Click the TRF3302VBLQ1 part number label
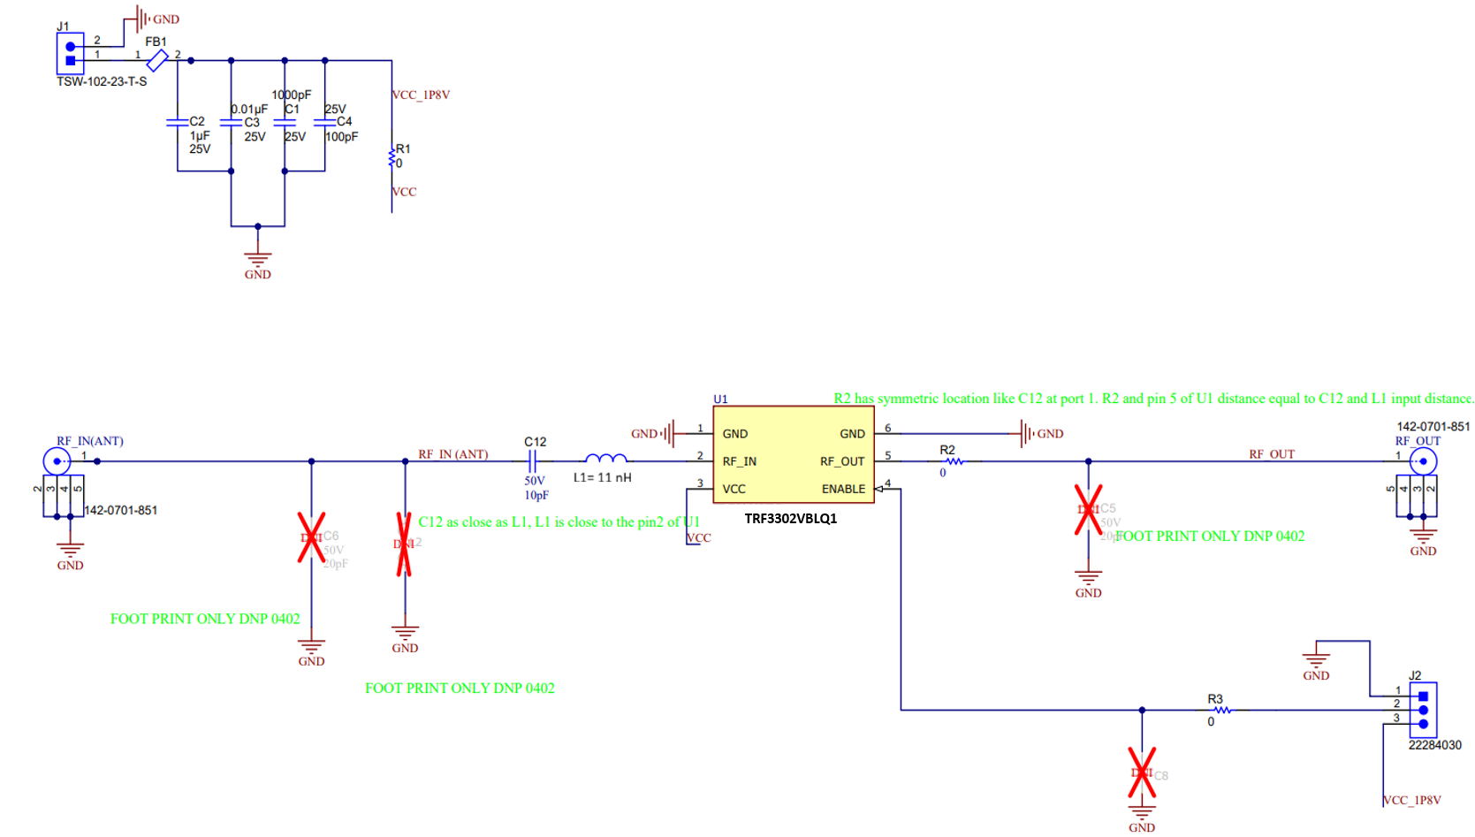pyautogui.click(x=790, y=519)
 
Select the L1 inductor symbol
pyautogui.click(x=606, y=459)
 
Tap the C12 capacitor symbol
pyautogui.click(x=533, y=460)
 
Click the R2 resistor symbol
pyautogui.click(x=954, y=460)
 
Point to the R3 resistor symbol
pyautogui.click(x=1221, y=710)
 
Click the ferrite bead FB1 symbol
pyautogui.click(x=157, y=60)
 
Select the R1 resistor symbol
pyautogui.click(x=392, y=158)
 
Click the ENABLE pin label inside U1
pyautogui.click(x=843, y=489)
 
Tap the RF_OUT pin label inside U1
pyautogui.click(x=841, y=461)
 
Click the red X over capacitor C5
pyautogui.click(x=1088, y=509)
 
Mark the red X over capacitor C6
pyautogui.click(x=311, y=537)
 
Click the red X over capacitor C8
pyautogui.click(x=1142, y=772)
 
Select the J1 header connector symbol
pyautogui.click(x=70, y=54)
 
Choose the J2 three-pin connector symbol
pyautogui.click(x=1422, y=710)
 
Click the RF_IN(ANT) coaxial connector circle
pyautogui.click(x=57, y=461)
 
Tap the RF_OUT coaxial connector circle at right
pyautogui.click(x=1423, y=461)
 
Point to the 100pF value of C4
pyautogui.click(x=341, y=137)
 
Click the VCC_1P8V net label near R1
pyautogui.click(x=421, y=95)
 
